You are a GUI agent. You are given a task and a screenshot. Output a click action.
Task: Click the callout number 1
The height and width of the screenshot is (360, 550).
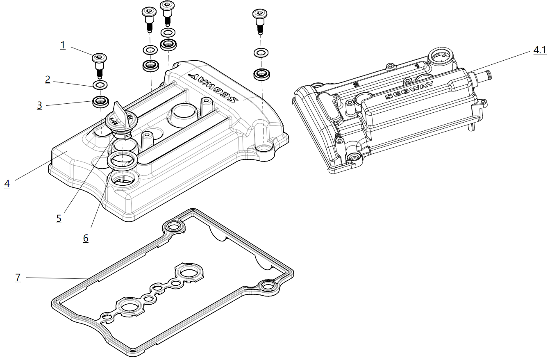coord(63,45)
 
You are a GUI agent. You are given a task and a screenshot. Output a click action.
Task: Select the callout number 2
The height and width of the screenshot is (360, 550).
coord(48,79)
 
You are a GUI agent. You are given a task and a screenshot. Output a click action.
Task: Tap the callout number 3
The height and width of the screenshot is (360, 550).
coord(39,105)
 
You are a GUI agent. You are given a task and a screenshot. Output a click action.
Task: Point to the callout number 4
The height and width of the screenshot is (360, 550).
coord(7,183)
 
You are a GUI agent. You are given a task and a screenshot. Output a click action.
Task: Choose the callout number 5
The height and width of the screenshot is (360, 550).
coord(59,218)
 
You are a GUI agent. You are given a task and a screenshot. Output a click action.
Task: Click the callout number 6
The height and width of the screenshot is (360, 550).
coord(86,238)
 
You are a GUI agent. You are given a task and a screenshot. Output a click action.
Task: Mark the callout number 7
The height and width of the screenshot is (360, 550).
coord(18,277)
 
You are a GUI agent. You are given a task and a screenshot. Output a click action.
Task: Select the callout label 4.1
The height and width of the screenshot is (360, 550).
coord(539,50)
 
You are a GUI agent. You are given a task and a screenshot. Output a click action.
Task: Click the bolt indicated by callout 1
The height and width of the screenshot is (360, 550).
coord(99,64)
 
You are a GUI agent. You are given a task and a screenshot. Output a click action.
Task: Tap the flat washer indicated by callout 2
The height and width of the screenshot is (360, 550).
coord(100,85)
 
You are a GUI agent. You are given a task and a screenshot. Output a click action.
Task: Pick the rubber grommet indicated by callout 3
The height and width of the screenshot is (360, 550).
coord(100,101)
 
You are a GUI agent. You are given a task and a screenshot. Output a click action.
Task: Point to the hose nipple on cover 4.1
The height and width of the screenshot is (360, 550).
coord(484,75)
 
